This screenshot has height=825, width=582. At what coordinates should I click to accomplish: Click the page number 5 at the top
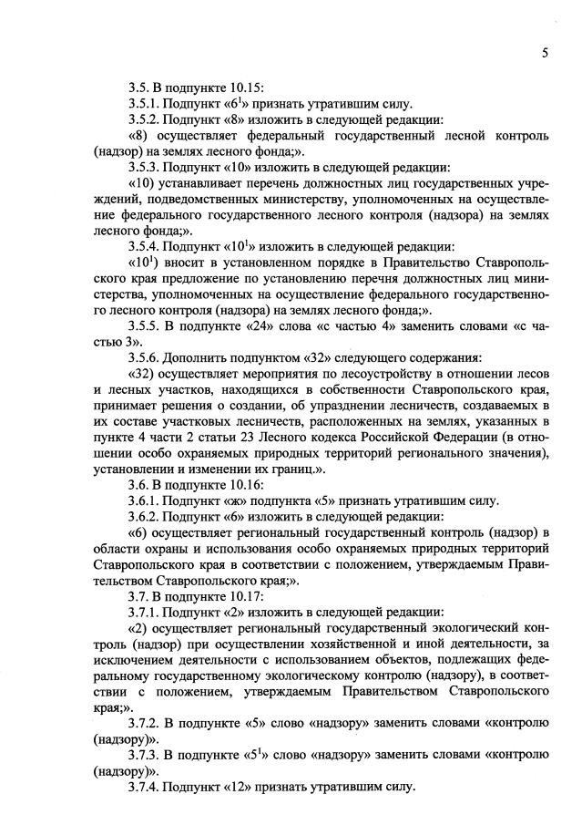tap(544, 53)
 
